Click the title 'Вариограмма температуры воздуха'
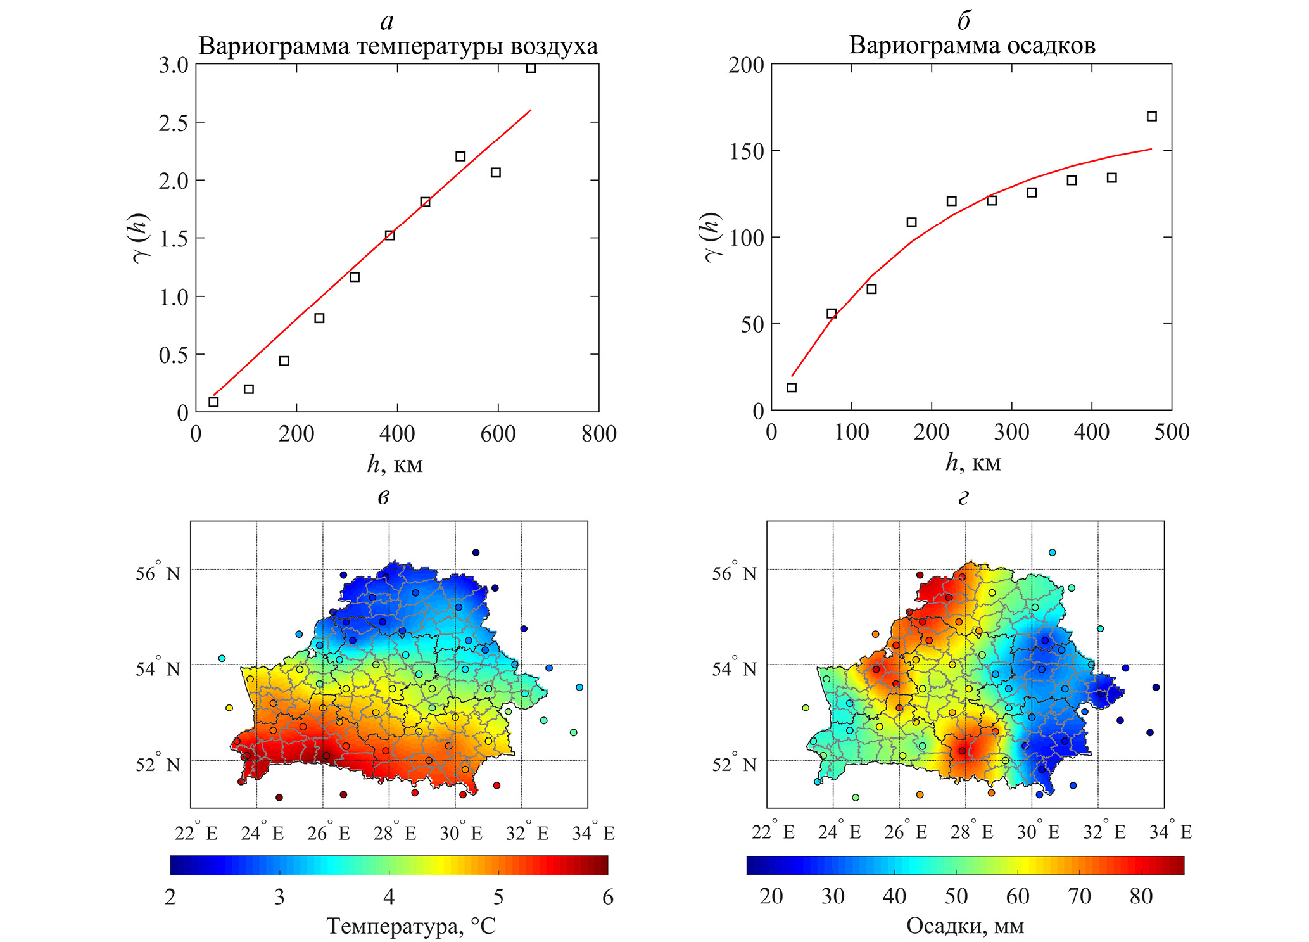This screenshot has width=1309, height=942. click(x=398, y=47)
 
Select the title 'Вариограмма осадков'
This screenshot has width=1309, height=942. click(x=971, y=46)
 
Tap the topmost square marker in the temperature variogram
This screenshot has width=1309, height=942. click(x=531, y=68)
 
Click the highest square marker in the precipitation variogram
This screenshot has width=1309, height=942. click(x=1151, y=116)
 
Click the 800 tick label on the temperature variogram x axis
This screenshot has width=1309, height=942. click(x=598, y=434)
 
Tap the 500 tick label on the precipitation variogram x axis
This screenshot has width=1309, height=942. click(x=1171, y=433)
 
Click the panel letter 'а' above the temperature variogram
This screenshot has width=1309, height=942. click(x=386, y=23)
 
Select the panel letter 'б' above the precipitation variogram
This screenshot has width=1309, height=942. click(x=963, y=22)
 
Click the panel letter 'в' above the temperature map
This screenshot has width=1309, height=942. click(x=383, y=498)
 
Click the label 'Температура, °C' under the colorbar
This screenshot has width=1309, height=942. click(x=411, y=927)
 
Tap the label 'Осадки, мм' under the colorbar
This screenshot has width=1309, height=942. click(x=964, y=926)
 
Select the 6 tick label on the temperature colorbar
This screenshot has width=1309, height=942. click(x=607, y=898)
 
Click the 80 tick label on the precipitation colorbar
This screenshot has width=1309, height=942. click(x=1141, y=896)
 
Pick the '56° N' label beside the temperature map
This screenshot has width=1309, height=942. click(x=158, y=573)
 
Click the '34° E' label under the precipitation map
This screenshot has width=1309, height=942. click(x=1170, y=832)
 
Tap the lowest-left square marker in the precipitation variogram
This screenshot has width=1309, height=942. click(x=791, y=387)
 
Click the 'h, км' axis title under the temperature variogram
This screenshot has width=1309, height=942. click(x=395, y=465)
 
